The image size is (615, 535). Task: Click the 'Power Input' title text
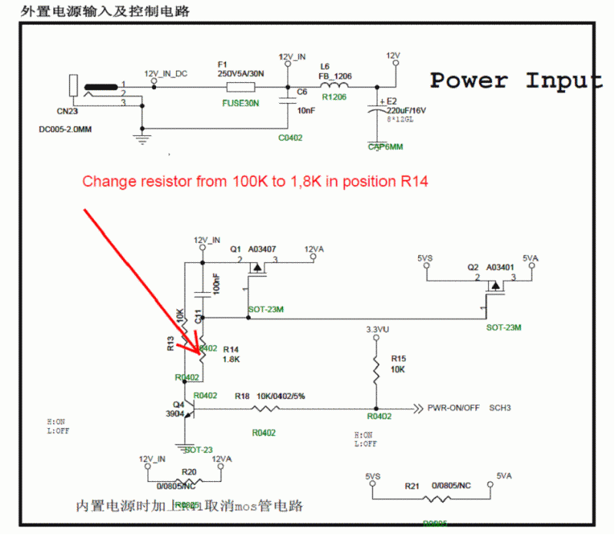[x=515, y=80]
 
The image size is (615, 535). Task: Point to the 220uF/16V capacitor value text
[x=406, y=111]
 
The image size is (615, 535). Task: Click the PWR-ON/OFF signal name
[x=454, y=408]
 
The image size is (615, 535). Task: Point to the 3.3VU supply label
[x=377, y=330]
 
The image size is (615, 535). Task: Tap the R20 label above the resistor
[x=188, y=471]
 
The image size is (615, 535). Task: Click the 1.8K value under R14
[x=232, y=359]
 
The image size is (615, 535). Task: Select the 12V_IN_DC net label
[x=165, y=74]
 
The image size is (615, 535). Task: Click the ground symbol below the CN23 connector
[x=141, y=138]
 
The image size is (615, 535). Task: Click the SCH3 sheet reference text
[x=500, y=408]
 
